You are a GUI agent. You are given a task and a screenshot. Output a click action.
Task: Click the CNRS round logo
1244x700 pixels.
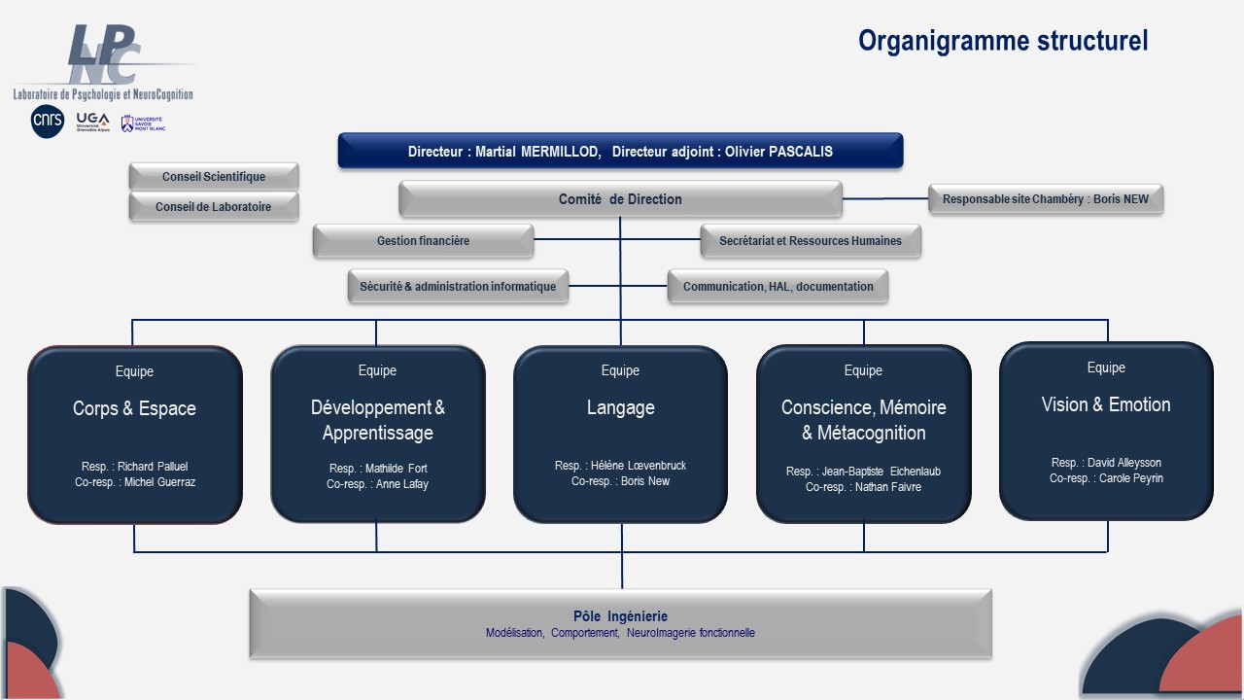(x=48, y=122)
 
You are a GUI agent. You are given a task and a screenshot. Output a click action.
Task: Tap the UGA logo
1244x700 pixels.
(x=92, y=122)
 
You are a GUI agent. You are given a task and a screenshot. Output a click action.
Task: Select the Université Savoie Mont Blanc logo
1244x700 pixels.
(x=143, y=123)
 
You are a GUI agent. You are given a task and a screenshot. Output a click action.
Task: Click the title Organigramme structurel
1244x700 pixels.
(x=1003, y=41)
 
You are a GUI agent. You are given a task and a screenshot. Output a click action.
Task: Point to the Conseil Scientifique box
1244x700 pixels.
(x=214, y=177)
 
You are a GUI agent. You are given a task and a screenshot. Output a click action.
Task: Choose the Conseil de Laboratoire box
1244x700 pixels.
(x=214, y=207)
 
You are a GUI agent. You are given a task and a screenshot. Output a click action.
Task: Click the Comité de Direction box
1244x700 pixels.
(x=620, y=199)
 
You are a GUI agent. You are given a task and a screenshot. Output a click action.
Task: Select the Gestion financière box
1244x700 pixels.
(x=423, y=240)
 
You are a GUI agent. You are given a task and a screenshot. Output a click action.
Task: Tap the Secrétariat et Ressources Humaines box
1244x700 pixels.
(x=811, y=240)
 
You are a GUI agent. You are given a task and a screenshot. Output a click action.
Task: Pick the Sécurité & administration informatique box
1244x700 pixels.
(x=458, y=286)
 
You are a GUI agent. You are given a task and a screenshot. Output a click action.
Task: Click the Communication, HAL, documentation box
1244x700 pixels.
(x=777, y=286)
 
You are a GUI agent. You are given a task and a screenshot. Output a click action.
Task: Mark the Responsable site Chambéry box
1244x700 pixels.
(x=1046, y=199)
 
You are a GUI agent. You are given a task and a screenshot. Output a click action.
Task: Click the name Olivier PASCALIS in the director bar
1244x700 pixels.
(x=778, y=152)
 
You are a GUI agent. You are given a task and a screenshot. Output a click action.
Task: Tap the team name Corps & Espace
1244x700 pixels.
(x=134, y=408)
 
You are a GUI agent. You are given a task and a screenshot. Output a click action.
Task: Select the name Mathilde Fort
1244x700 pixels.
(x=396, y=469)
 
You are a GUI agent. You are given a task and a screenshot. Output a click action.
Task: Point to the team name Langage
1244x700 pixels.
(x=621, y=407)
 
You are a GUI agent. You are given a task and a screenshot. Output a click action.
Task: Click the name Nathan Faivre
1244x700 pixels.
(x=888, y=487)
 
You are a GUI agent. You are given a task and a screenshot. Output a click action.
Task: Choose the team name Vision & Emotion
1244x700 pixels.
(x=1106, y=404)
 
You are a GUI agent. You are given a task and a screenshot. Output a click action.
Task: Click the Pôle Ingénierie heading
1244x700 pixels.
(x=620, y=616)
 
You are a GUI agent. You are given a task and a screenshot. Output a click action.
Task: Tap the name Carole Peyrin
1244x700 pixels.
(x=1130, y=478)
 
